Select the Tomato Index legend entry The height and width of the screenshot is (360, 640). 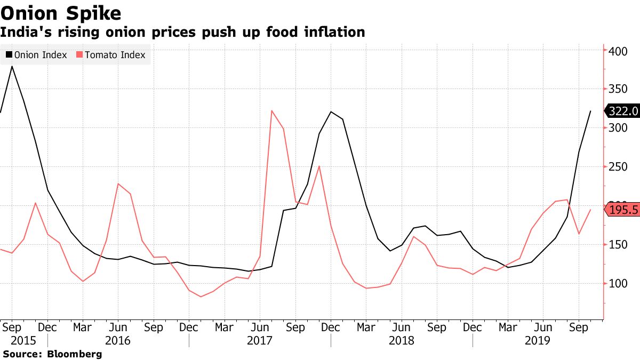(x=111, y=55)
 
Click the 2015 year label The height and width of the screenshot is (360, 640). (x=12, y=340)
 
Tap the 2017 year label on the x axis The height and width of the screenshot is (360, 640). (x=259, y=340)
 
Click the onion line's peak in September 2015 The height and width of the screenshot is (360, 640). (x=12, y=67)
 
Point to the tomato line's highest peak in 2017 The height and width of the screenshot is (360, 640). (x=272, y=111)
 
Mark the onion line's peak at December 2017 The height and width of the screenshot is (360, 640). (x=331, y=112)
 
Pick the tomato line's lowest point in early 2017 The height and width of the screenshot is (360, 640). (x=201, y=297)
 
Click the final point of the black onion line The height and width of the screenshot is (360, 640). (x=590, y=111)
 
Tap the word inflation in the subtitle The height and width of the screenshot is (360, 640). (x=334, y=32)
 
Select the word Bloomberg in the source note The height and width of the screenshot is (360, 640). (x=75, y=354)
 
